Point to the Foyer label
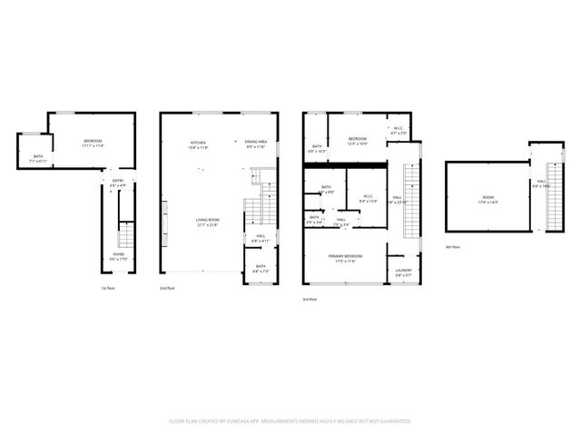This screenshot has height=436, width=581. tap(118, 256)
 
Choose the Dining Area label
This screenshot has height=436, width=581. tap(256, 144)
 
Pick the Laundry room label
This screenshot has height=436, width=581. tap(404, 272)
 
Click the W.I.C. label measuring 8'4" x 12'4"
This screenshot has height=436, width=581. tap(369, 199)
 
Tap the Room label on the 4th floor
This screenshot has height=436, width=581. tap(487, 199)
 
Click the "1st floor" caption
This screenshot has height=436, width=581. tap(108, 288)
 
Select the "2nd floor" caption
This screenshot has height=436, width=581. tap(168, 288)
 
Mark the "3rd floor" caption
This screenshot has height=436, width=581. tap(310, 298)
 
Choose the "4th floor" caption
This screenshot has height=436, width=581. tap(453, 247)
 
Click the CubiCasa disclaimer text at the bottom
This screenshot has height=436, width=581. tap(290, 421)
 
